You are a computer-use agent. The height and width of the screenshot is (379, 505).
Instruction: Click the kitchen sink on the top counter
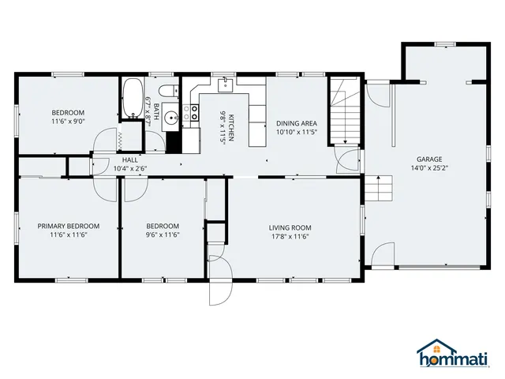pyautogui.click(x=226, y=81)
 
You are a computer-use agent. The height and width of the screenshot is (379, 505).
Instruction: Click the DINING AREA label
pyautogui.click(x=297, y=123)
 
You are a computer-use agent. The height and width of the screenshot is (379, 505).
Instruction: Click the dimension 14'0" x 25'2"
pyautogui.click(x=429, y=167)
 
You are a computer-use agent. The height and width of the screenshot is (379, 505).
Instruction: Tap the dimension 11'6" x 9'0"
pyautogui.click(x=68, y=122)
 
